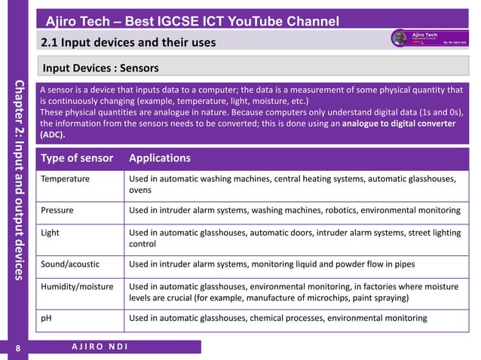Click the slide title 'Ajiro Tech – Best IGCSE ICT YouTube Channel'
(x=191, y=20)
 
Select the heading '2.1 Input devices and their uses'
(x=128, y=41)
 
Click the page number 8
(x=18, y=348)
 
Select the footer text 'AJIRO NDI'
(x=100, y=346)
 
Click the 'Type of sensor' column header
(x=77, y=158)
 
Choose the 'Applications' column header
(x=160, y=158)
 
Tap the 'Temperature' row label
(x=66, y=179)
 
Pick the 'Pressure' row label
(x=57, y=210)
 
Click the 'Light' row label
(x=50, y=233)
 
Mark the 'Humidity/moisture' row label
(x=77, y=287)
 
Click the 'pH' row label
(x=46, y=319)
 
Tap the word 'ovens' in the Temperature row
(x=142, y=191)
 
